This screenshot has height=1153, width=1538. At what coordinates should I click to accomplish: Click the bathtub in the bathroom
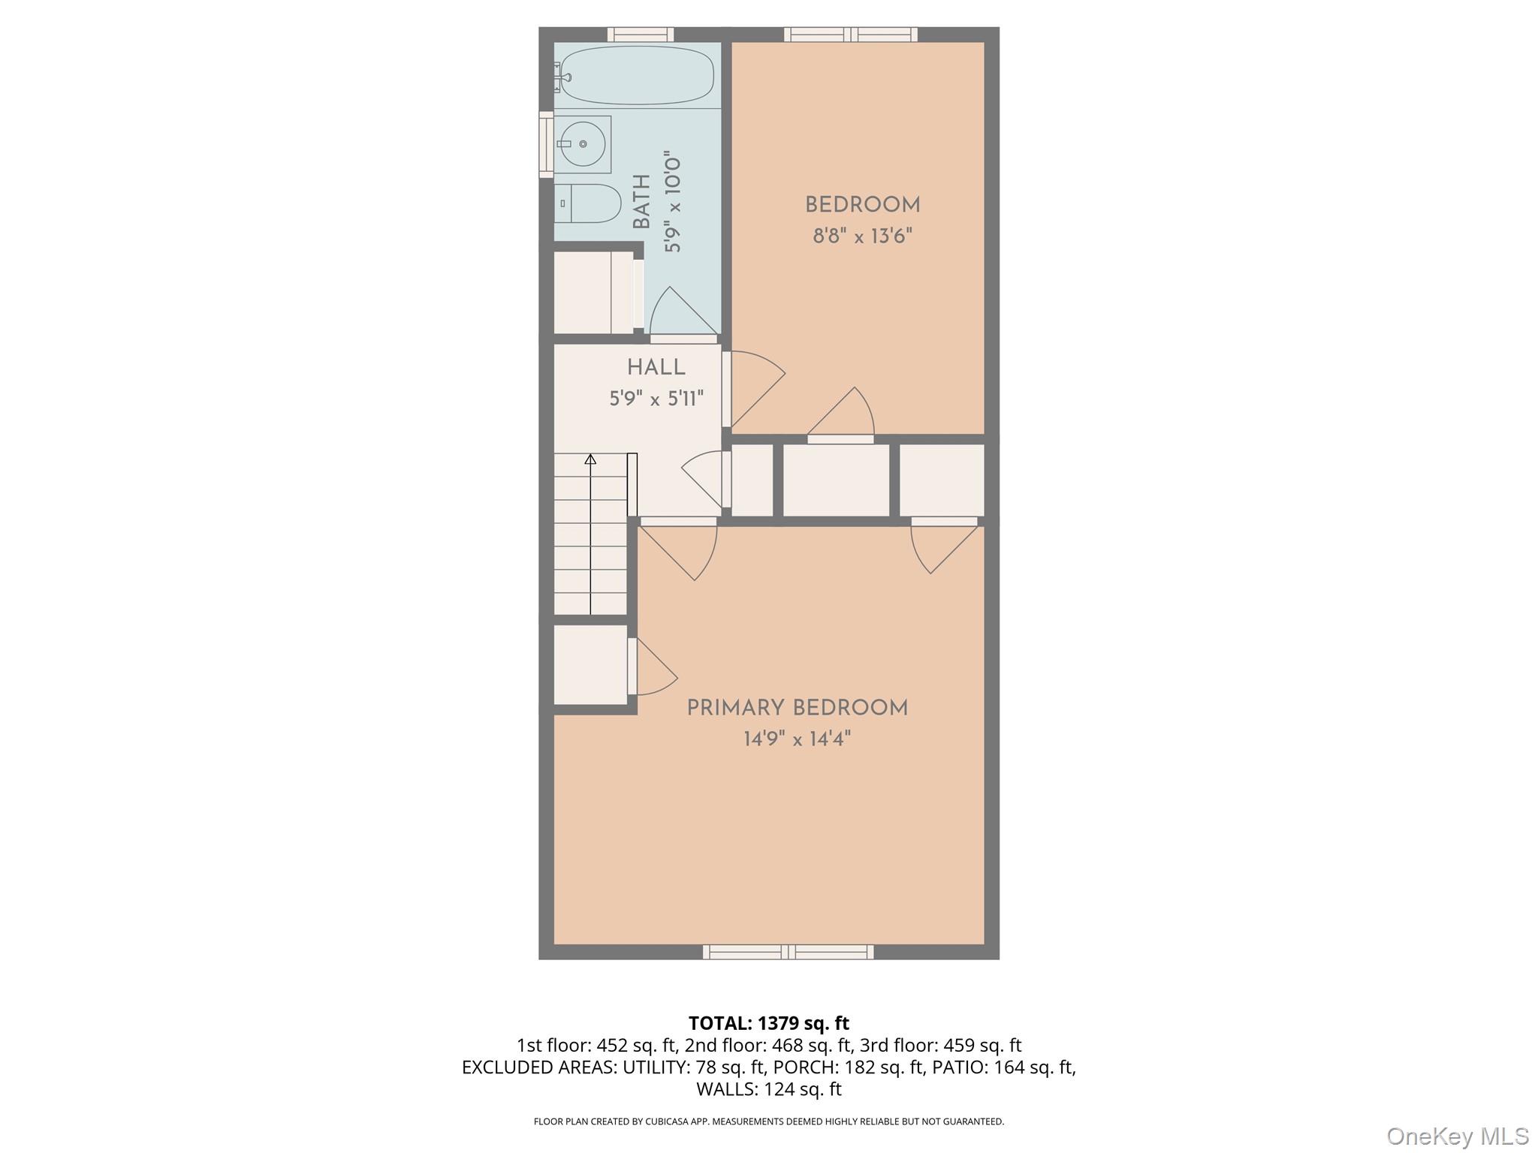(638, 75)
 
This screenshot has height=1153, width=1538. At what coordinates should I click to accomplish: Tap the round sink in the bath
(583, 143)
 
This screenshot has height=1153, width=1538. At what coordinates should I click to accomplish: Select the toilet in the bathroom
(593, 203)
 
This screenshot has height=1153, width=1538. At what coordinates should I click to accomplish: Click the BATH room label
(641, 202)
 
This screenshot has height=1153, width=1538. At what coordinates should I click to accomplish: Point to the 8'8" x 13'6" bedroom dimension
(862, 236)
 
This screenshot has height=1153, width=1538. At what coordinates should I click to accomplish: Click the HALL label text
(656, 368)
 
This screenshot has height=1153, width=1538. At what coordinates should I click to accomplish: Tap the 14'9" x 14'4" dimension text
(797, 739)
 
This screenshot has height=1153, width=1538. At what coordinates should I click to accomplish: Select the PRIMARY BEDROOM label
(797, 708)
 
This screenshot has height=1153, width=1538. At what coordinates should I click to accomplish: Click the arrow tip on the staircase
(590, 458)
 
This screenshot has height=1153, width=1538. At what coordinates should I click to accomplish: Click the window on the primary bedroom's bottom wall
(788, 952)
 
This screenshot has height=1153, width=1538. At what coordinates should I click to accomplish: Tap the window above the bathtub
(640, 35)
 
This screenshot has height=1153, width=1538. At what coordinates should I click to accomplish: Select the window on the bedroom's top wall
(850, 35)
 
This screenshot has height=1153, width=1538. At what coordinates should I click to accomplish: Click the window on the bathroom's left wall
(546, 144)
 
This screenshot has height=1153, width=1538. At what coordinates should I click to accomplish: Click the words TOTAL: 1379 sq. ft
(768, 1023)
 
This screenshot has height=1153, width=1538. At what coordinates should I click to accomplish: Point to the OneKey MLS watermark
(1457, 1136)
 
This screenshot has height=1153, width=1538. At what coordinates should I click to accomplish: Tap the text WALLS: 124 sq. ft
(768, 1089)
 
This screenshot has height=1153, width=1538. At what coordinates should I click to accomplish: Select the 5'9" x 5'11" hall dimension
(656, 399)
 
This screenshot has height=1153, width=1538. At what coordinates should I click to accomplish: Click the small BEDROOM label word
(862, 205)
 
